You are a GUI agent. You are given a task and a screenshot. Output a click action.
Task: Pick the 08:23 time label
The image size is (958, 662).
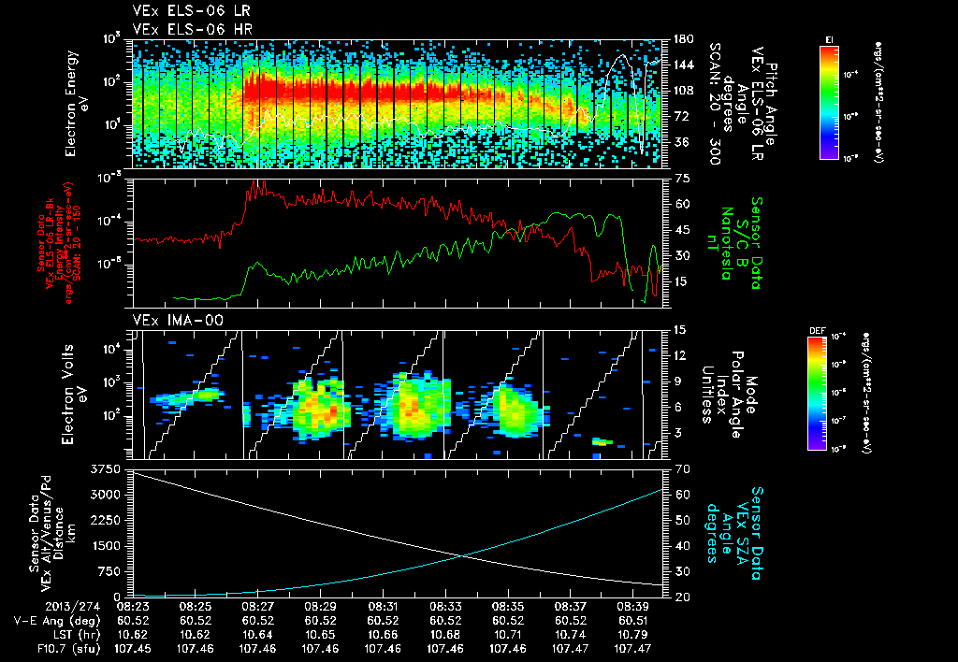(132, 607)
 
